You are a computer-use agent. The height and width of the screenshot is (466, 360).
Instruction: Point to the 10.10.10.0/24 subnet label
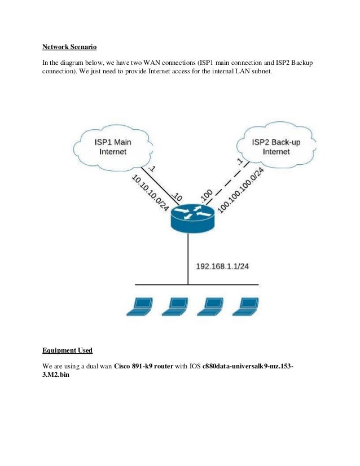click(x=150, y=192)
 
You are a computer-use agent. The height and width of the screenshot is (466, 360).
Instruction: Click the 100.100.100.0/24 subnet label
click(x=241, y=190)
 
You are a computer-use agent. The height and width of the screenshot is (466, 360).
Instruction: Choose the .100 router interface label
click(x=206, y=195)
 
